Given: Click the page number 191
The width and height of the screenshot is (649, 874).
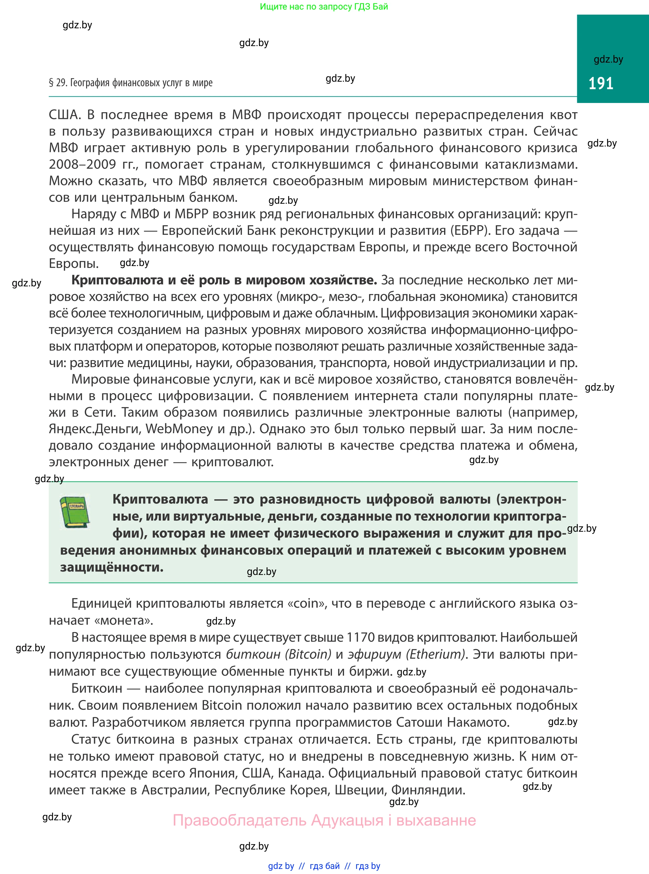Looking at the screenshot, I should tap(601, 83).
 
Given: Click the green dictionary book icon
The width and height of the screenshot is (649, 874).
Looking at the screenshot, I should tap(75, 512).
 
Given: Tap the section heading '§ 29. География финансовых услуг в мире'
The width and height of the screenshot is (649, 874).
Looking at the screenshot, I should tap(131, 83).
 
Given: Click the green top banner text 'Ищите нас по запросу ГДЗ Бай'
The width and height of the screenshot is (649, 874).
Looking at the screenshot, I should tap(324, 6).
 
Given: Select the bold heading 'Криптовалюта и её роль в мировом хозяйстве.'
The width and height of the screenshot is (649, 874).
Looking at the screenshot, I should tap(224, 280).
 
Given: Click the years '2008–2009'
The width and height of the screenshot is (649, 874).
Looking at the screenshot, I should tap(83, 164).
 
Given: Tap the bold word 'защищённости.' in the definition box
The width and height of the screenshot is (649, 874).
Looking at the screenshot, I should tap(112, 567).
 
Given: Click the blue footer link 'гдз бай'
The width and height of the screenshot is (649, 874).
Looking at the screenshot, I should tap(325, 866).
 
